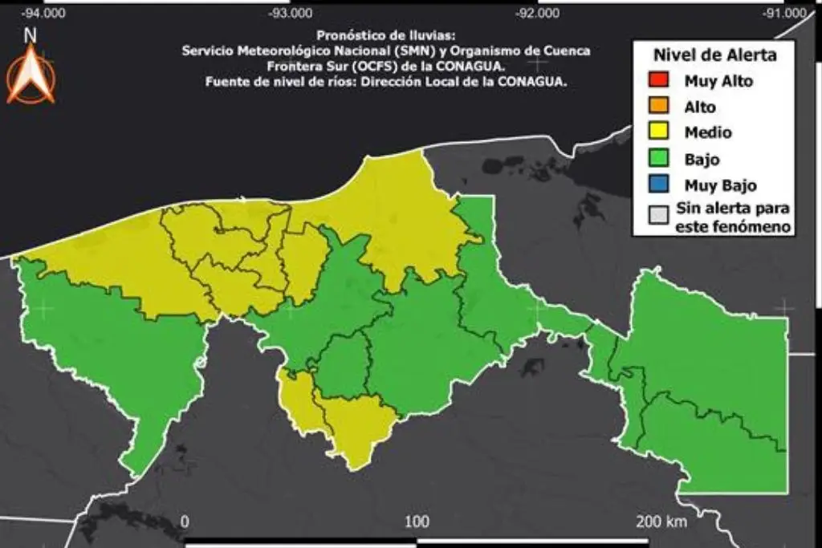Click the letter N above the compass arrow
31,35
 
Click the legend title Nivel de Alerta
714,55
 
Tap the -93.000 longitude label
291,13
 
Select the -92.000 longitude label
537,13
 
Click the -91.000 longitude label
784,13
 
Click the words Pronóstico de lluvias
385,35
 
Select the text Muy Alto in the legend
718,80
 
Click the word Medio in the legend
707,132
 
